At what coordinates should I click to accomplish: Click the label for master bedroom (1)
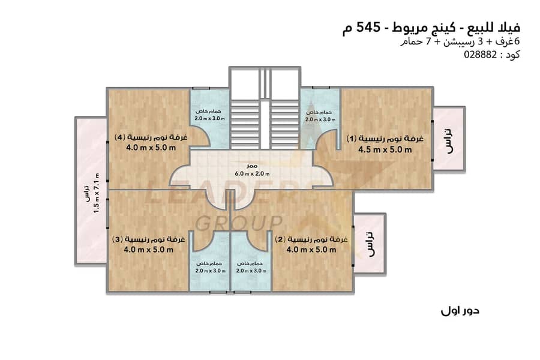pyautogui.click(x=386, y=139)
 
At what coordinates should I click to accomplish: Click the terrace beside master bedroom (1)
pyautogui.click(x=448, y=139)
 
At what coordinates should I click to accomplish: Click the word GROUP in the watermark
pyautogui.click(x=240, y=222)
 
